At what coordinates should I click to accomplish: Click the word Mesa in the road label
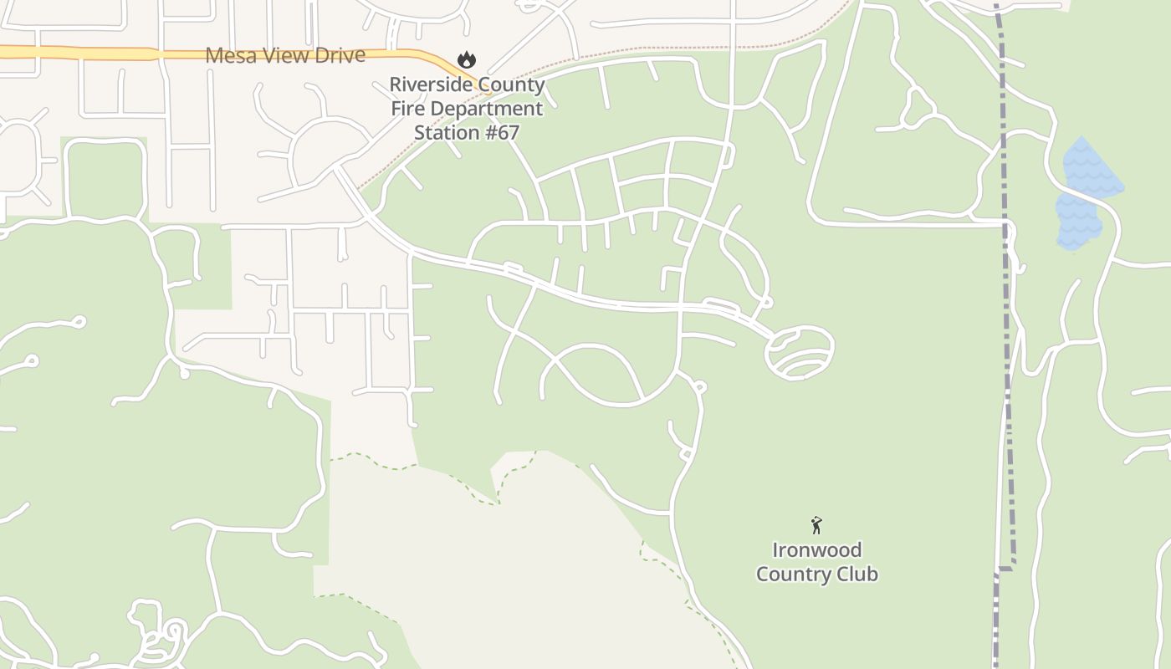pos(231,56)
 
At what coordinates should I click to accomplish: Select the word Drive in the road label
pos(339,56)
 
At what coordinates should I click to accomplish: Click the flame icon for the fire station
pos(467,60)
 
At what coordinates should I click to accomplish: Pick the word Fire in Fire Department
pos(409,109)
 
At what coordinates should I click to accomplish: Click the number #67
pos(504,132)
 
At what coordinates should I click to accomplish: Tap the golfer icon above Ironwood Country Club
pos(816,525)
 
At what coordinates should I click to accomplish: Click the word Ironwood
pos(816,550)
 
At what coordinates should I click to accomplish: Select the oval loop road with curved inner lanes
pos(800,352)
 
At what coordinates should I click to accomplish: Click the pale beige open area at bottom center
pos(519,569)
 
